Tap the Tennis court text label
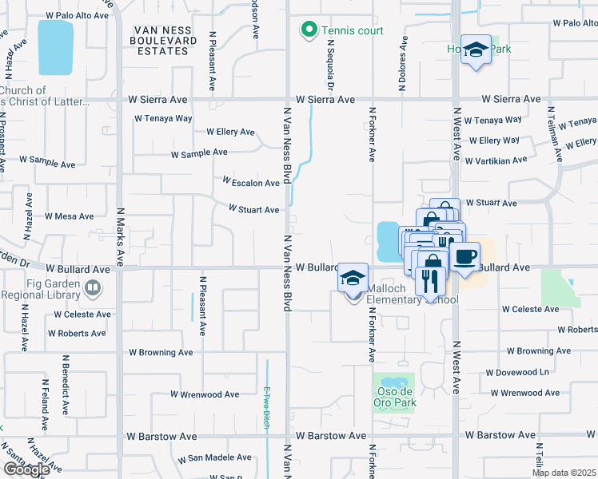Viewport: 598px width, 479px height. tap(353, 31)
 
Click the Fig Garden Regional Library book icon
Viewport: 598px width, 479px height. tap(94, 287)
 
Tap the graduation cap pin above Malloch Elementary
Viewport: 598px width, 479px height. tap(353, 278)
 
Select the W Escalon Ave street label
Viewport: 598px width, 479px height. tap(251, 182)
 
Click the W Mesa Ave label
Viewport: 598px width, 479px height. tap(70, 216)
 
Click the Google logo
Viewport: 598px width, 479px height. tap(26, 469)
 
